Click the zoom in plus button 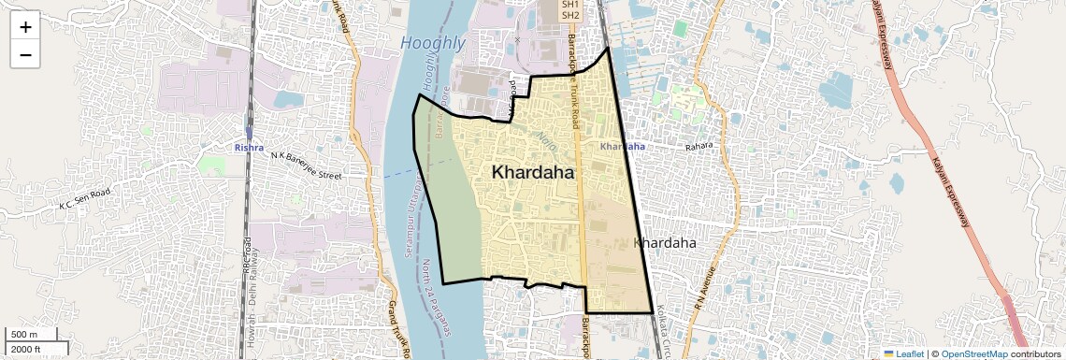[x=25, y=27]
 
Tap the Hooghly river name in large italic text [x=433, y=43]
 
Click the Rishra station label [x=249, y=148]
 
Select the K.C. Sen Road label [x=85, y=198]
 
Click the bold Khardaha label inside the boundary [x=533, y=173]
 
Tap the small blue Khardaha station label [x=622, y=147]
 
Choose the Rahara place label [x=699, y=147]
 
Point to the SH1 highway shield [x=570, y=5]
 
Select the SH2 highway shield [x=570, y=16]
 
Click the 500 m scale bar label [x=24, y=335]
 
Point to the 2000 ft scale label [x=26, y=350]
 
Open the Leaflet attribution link [x=903, y=353]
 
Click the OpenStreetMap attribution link [x=974, y=353]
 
